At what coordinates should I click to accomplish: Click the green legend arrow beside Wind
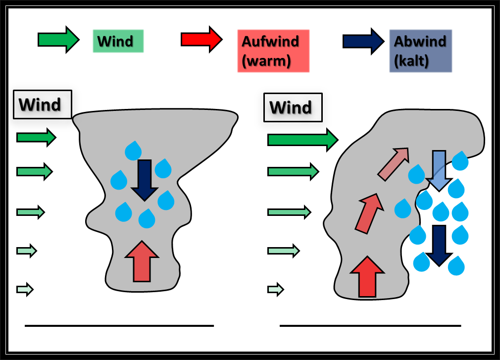(58, 40)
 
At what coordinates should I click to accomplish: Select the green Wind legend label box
(118, 41)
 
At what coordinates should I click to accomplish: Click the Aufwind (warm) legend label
(273, 51)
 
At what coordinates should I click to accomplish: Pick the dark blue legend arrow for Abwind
(363, 41)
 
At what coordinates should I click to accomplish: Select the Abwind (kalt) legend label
(420, 51)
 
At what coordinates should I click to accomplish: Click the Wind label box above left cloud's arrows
(43, 104)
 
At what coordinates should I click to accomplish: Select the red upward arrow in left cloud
(142, 261)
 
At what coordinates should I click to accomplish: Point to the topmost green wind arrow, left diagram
(36, 137)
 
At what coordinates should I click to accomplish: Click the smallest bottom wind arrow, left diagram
(25, 288)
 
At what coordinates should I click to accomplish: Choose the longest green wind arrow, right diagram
(302, 140)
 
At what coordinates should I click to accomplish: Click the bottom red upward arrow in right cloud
(367, 277)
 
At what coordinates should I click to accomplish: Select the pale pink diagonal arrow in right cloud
(394, 163)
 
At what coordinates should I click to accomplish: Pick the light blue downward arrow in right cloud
(439, 170)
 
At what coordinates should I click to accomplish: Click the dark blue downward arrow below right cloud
(439, 245)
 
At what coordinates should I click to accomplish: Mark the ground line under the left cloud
(119, 326)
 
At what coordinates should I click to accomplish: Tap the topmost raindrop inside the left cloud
(133, 151)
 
